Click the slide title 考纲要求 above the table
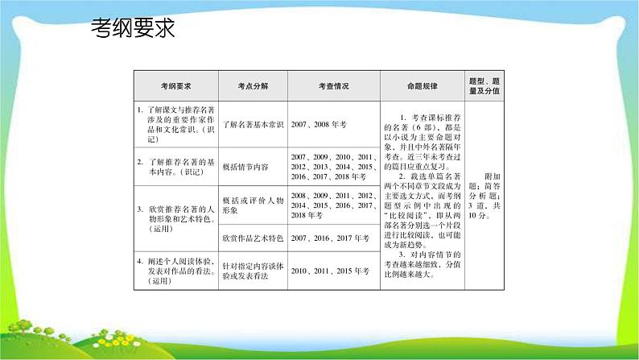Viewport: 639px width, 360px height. click(x=133, y=30)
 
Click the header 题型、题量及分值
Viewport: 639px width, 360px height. click(x=484, y=86)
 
